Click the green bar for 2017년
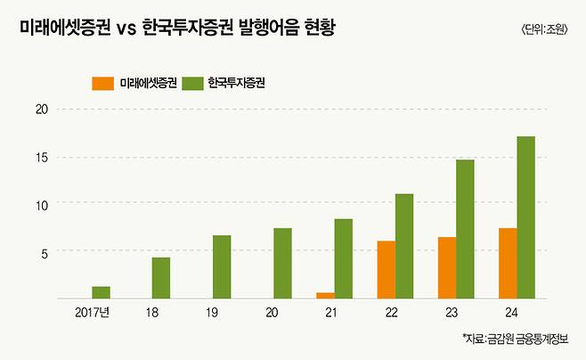click(101, 292)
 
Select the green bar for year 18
click(161, 277)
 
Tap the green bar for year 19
click(222, 266)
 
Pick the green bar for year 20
click(282, 263)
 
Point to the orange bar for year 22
click(386, 269)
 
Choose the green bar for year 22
click(404, 246)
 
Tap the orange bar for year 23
click(446, 267)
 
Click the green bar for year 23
click(465, 229)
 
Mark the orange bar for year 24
click(507, 263)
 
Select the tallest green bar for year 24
click(525, 217)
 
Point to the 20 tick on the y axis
click(40, 110)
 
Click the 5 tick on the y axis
click(43, 251)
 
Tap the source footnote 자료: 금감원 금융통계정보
click(519, 340)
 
